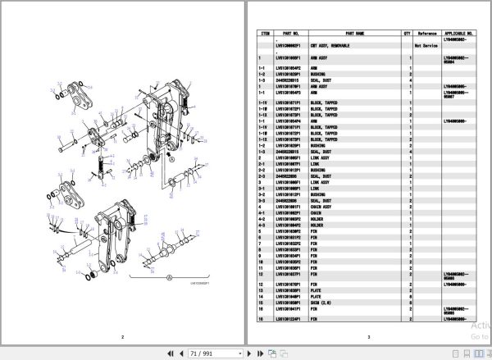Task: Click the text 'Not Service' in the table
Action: coord(427,46)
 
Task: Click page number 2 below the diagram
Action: coord(121,336)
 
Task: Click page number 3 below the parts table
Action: coord(368,336)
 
